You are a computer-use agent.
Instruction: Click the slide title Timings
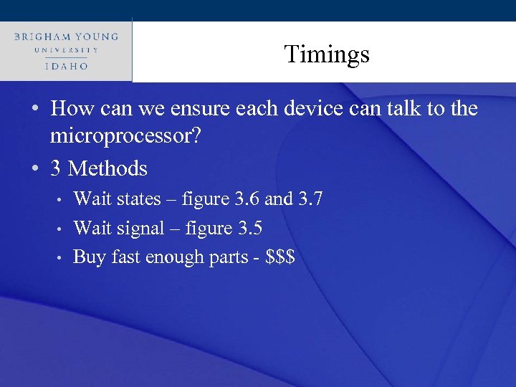(326, 54)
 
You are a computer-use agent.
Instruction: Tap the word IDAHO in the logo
(65, 65)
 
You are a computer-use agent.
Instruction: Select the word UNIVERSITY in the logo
(65, 50)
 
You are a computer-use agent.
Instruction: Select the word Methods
(108, 169)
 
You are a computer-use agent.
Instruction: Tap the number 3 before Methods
(56, 169)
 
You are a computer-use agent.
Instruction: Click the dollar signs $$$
(280, 257)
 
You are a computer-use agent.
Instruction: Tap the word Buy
(90, 257)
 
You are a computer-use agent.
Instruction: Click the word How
(70, 109)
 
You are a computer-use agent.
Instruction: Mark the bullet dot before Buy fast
(62, 258)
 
